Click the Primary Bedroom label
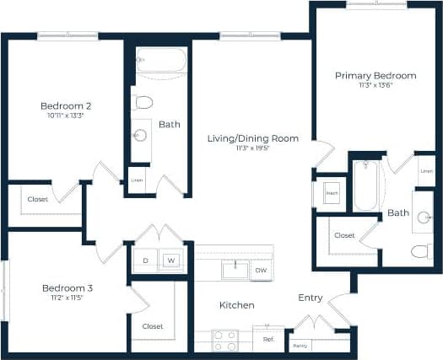tap(375, 76)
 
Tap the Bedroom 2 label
tap(66, 106)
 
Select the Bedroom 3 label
tap(68, 288)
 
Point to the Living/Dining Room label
tap(253, 138)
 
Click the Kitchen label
tap(237, 305)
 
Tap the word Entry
tap(311, 298)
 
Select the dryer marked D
tap(145, 261)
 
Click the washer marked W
tap(172, 261)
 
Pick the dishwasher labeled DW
tap(261, 271)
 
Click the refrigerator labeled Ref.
tap(268, 339)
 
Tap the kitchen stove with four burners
tap(224, 340)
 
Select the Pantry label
tap(300, 346)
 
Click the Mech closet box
tap(332, 193)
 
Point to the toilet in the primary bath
tap(421, 250)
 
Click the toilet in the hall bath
tap(143, 103)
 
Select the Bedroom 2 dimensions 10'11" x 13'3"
tap(66, 116)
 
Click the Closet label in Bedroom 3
tap(152, 326)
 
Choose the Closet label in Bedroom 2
tap(37, 200)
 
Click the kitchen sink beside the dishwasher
tap(234, 270)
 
